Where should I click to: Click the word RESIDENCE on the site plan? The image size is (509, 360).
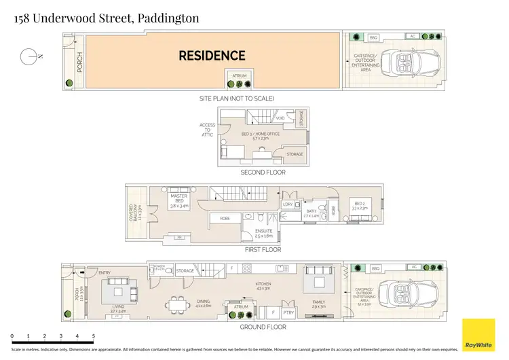(x=212, y=56)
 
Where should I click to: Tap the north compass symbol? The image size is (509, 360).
(x=28, y=57)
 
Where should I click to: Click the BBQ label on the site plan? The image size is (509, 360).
(x=373, y=37)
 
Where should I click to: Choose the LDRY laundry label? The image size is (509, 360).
(x=288, y=203)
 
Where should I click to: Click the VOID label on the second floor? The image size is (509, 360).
(x=280, y=118)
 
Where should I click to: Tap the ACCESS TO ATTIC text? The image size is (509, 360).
(x=207, y=130)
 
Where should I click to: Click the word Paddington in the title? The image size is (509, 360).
(x=168, y=18)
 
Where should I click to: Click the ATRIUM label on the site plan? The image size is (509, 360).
(x=240, y=75)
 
